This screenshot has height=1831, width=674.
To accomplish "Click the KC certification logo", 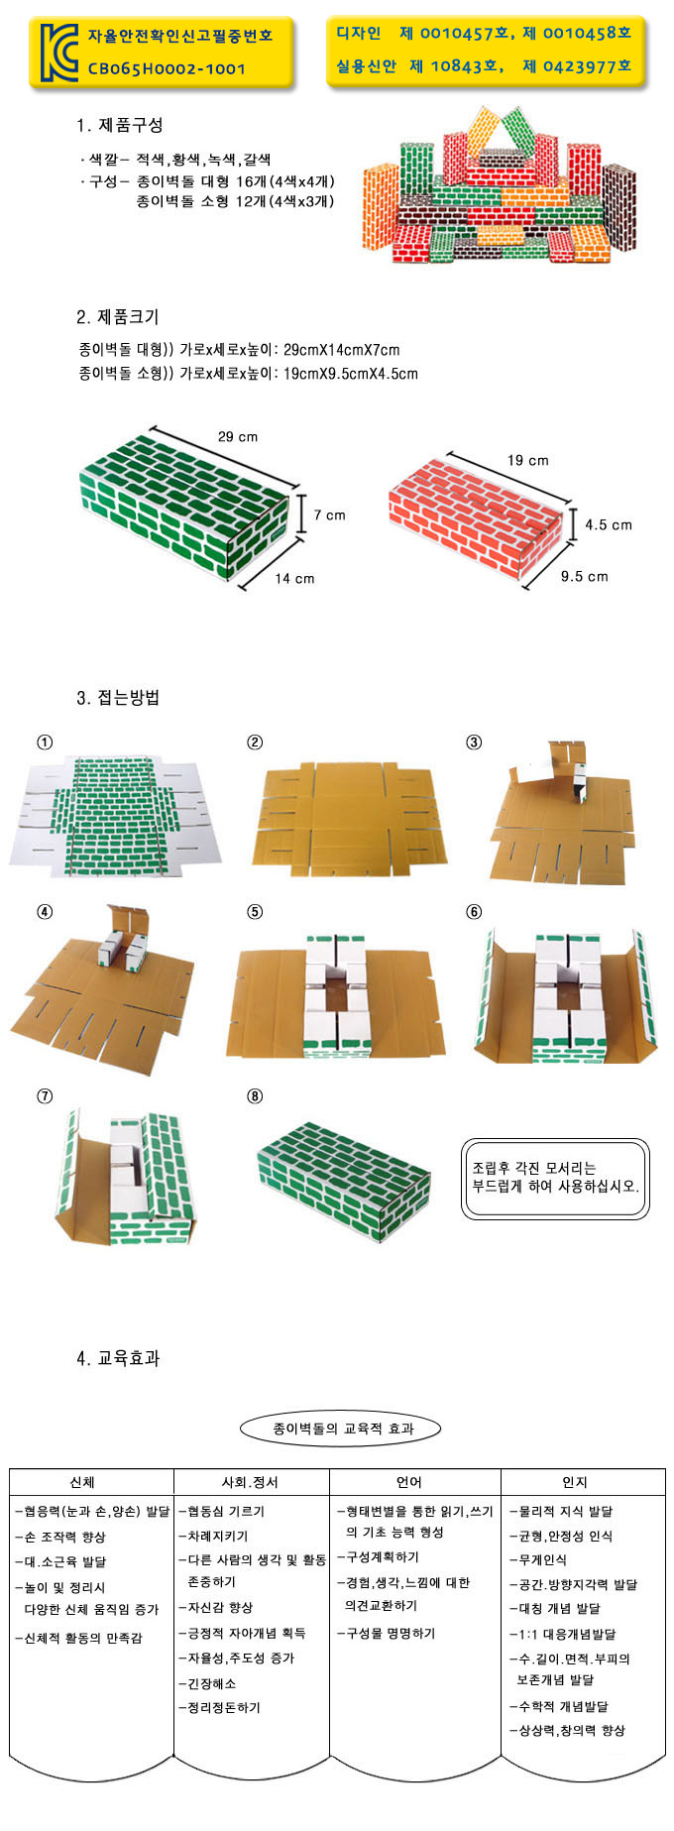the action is point(58,53).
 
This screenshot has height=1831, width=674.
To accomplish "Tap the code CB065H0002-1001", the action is point(167,68).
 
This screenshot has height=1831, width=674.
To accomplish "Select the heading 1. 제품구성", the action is point(120,125).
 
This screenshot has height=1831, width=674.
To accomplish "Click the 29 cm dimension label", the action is point(238,436).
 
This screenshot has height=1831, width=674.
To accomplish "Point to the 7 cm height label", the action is point(330,515).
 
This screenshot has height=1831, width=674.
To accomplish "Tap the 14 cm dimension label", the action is point(294,578).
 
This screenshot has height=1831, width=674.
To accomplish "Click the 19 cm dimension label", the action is point(528,460).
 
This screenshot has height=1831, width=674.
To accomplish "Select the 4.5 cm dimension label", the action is point(608,524).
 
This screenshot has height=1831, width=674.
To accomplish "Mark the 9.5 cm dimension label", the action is point(585,576).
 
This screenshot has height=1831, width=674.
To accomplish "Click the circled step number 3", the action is point(474,743).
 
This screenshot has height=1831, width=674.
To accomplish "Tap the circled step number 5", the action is point(255,912).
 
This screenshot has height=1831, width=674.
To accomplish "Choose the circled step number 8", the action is point(255,1096).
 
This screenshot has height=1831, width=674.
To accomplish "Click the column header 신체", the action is point(82,1482).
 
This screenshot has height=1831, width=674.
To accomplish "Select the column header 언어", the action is point(409,1482).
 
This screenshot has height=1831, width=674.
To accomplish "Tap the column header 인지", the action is point(575,1482).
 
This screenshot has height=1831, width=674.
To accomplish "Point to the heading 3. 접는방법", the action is point(118,698).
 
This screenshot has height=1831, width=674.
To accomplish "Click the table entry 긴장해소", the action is point(208,1683).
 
